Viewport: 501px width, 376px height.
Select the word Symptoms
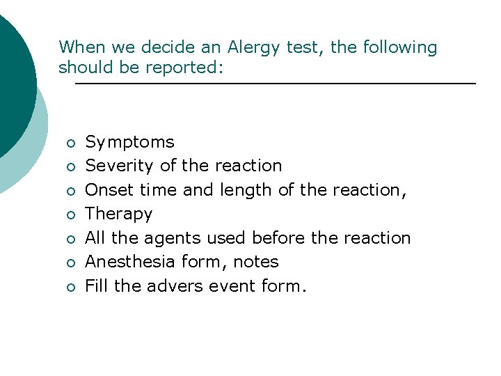[129, 143]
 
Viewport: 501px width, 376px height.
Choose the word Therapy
[118, 214]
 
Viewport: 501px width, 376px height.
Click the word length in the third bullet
[244, 190]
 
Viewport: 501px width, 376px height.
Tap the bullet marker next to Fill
[70, 287]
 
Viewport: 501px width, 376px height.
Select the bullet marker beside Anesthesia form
[70, 263]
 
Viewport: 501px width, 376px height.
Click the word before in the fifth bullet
[279, 238]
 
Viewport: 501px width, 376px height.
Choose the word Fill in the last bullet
[95, 285]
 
